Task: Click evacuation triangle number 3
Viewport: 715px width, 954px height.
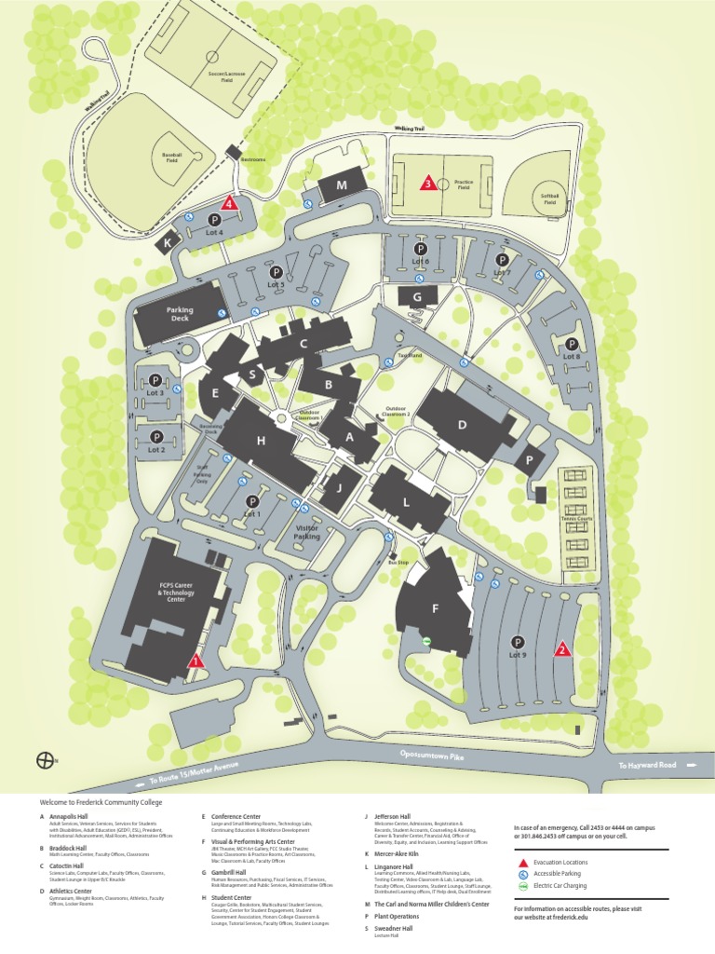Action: point(427,184)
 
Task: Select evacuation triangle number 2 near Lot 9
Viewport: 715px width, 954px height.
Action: point(561,650)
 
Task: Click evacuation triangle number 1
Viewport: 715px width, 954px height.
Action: point(195,661)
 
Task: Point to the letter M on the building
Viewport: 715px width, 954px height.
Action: point(341,185)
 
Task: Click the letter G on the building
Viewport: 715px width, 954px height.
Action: point(418,297)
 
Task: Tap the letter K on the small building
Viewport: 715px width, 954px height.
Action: point(169,242)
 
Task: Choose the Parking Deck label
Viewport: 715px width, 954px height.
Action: point(178,314)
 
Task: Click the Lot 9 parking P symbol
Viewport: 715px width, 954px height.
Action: point(517,641)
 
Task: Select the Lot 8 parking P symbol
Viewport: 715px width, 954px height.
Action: point(572,343)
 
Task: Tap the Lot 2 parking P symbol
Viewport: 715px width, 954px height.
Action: point(156,436)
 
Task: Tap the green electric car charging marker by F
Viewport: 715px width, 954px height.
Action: point(425,641)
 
